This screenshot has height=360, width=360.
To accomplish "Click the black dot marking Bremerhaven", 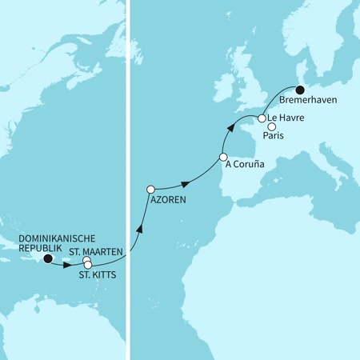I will pyautogui.click(x=302, y=90).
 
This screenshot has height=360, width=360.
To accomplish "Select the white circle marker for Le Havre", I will pyautogui.click(x=261, y=118).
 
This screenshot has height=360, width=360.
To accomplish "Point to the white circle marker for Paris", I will pyautogui.click(x=272, y=126).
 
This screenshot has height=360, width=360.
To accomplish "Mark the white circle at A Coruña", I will pyautogui.click(x=223, y=157).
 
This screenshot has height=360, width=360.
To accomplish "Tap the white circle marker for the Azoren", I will pyautogui.click(x=150, y=189).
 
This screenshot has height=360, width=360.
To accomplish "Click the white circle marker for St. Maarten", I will pyautogui.click(x=86, y=260).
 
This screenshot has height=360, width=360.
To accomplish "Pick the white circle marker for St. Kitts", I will pyautogui.click(x=88, y=265).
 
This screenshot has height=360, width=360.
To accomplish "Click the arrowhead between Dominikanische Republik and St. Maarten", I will pyautogui.click(x=67, y=264).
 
